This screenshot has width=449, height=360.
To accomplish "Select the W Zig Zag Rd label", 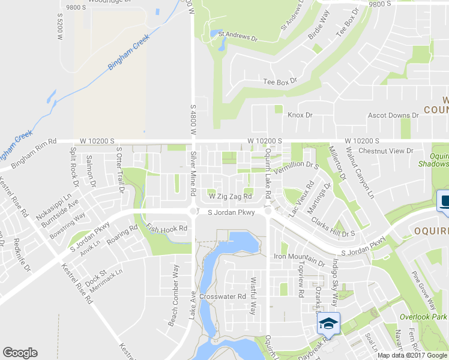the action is click(230, 196).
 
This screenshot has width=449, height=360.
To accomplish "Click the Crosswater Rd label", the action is click(223, 296).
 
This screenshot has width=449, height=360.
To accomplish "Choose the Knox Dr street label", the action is click(300, 115).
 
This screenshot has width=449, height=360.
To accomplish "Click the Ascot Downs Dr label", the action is click(393, 115).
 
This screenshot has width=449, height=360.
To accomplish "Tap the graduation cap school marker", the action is click(328, 323).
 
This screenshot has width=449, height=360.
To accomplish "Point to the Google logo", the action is click(20, 353).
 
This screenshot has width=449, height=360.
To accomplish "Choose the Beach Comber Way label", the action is click(173, 304).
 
